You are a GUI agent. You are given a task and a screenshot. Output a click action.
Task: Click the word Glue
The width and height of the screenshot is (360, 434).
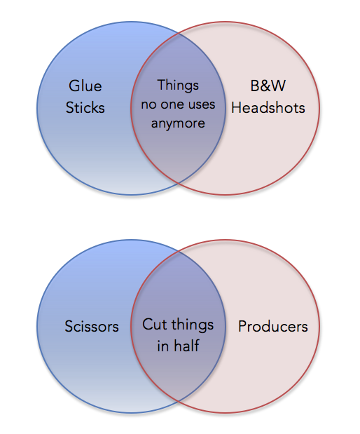(x=85, y=86)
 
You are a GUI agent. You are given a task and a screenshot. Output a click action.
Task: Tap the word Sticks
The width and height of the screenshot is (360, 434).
(x=85, y=107)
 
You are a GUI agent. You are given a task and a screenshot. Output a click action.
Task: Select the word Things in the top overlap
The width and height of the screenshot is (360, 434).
(x=178, y=86)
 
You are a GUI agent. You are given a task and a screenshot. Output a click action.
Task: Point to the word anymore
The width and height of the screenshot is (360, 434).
(x=178, y=123)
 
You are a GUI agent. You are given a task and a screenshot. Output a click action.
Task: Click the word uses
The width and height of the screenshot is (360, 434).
(x=201, y=104)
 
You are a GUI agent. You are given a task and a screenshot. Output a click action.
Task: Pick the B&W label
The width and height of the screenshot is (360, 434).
(x=268, y=86)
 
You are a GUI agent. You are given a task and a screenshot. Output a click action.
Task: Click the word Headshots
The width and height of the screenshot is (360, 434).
(x=268, y=107)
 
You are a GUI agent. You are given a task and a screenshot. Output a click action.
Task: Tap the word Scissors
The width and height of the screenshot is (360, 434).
(x=92, y=326)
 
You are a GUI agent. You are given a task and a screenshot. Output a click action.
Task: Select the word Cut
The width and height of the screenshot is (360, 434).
(x=154, y=324)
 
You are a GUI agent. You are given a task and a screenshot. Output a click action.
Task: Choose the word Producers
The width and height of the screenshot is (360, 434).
(x=273, y=326)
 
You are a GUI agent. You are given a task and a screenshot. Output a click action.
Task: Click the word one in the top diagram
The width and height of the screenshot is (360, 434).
(x=172, y=104)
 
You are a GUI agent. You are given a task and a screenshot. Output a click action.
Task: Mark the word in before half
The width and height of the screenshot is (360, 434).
(x=163, y=346)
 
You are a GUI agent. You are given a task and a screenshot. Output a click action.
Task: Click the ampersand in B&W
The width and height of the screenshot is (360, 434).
(x=268, y=86)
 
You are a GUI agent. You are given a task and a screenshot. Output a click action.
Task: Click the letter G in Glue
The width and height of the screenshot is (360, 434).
(x=75, y=86)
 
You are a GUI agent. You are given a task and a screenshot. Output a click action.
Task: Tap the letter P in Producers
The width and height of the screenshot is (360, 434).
(x=242, y=326)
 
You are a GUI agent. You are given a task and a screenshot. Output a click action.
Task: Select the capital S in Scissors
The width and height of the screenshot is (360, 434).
(x=69, y=326)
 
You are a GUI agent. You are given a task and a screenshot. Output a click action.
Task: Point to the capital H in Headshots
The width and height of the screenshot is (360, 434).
(x=237, y=107)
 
